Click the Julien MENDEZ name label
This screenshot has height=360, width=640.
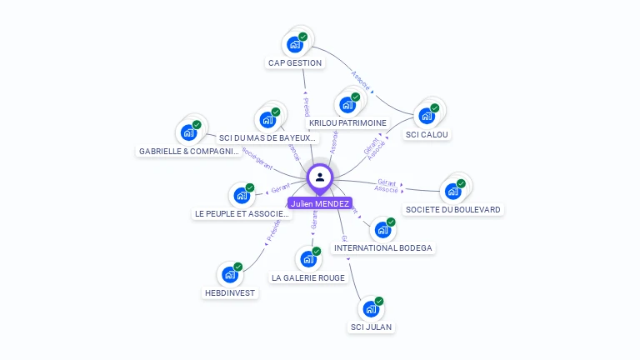(x=320, y=203)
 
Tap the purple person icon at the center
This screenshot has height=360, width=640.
(x=320, y=177)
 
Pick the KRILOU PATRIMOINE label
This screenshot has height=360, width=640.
(x=347, y=122)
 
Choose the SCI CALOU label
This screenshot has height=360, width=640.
(x=427, y=134)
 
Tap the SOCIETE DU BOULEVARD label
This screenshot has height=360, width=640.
(x=453, y=209)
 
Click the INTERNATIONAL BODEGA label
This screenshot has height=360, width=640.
(x=383, y=247)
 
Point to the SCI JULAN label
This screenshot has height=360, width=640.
(x=371, y=327)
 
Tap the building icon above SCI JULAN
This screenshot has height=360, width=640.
(x=371, y=308)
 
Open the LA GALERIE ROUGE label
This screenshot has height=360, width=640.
(x=308, y=277)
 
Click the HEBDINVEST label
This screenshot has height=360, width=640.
(x=230, y=292)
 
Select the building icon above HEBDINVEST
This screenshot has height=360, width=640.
(x=229, y=274)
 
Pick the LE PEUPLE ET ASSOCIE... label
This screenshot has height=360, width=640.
(x=242, y=213)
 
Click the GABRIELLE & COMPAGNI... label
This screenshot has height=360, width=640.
(x=189, y=152)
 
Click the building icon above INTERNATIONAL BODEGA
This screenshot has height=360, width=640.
(x=382, y=229)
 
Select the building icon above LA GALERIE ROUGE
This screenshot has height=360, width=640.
(x=308, y=258)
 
